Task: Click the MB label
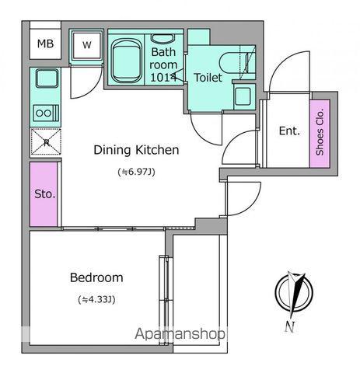pos(45,44)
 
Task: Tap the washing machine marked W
pos(86,46)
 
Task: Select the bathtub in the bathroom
pos(127,61)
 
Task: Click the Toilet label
pos(208,78)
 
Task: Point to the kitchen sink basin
pos(47,78)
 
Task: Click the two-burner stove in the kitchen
pos(46,113)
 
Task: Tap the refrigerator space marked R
pos(46,142)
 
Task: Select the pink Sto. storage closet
pos(44,194)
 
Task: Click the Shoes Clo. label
pos(320,132)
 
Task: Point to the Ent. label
pos(289,131)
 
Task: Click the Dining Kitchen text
pos(136,150)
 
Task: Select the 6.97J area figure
pos(136,172)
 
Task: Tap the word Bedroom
pos(96,277)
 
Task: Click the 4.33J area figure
pos(96,299)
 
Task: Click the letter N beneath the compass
pos(289,327)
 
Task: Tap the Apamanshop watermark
pos(180,334)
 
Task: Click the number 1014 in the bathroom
pos(163,77)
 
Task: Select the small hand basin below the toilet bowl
pos(243,96)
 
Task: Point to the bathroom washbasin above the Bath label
pos(163,38)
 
